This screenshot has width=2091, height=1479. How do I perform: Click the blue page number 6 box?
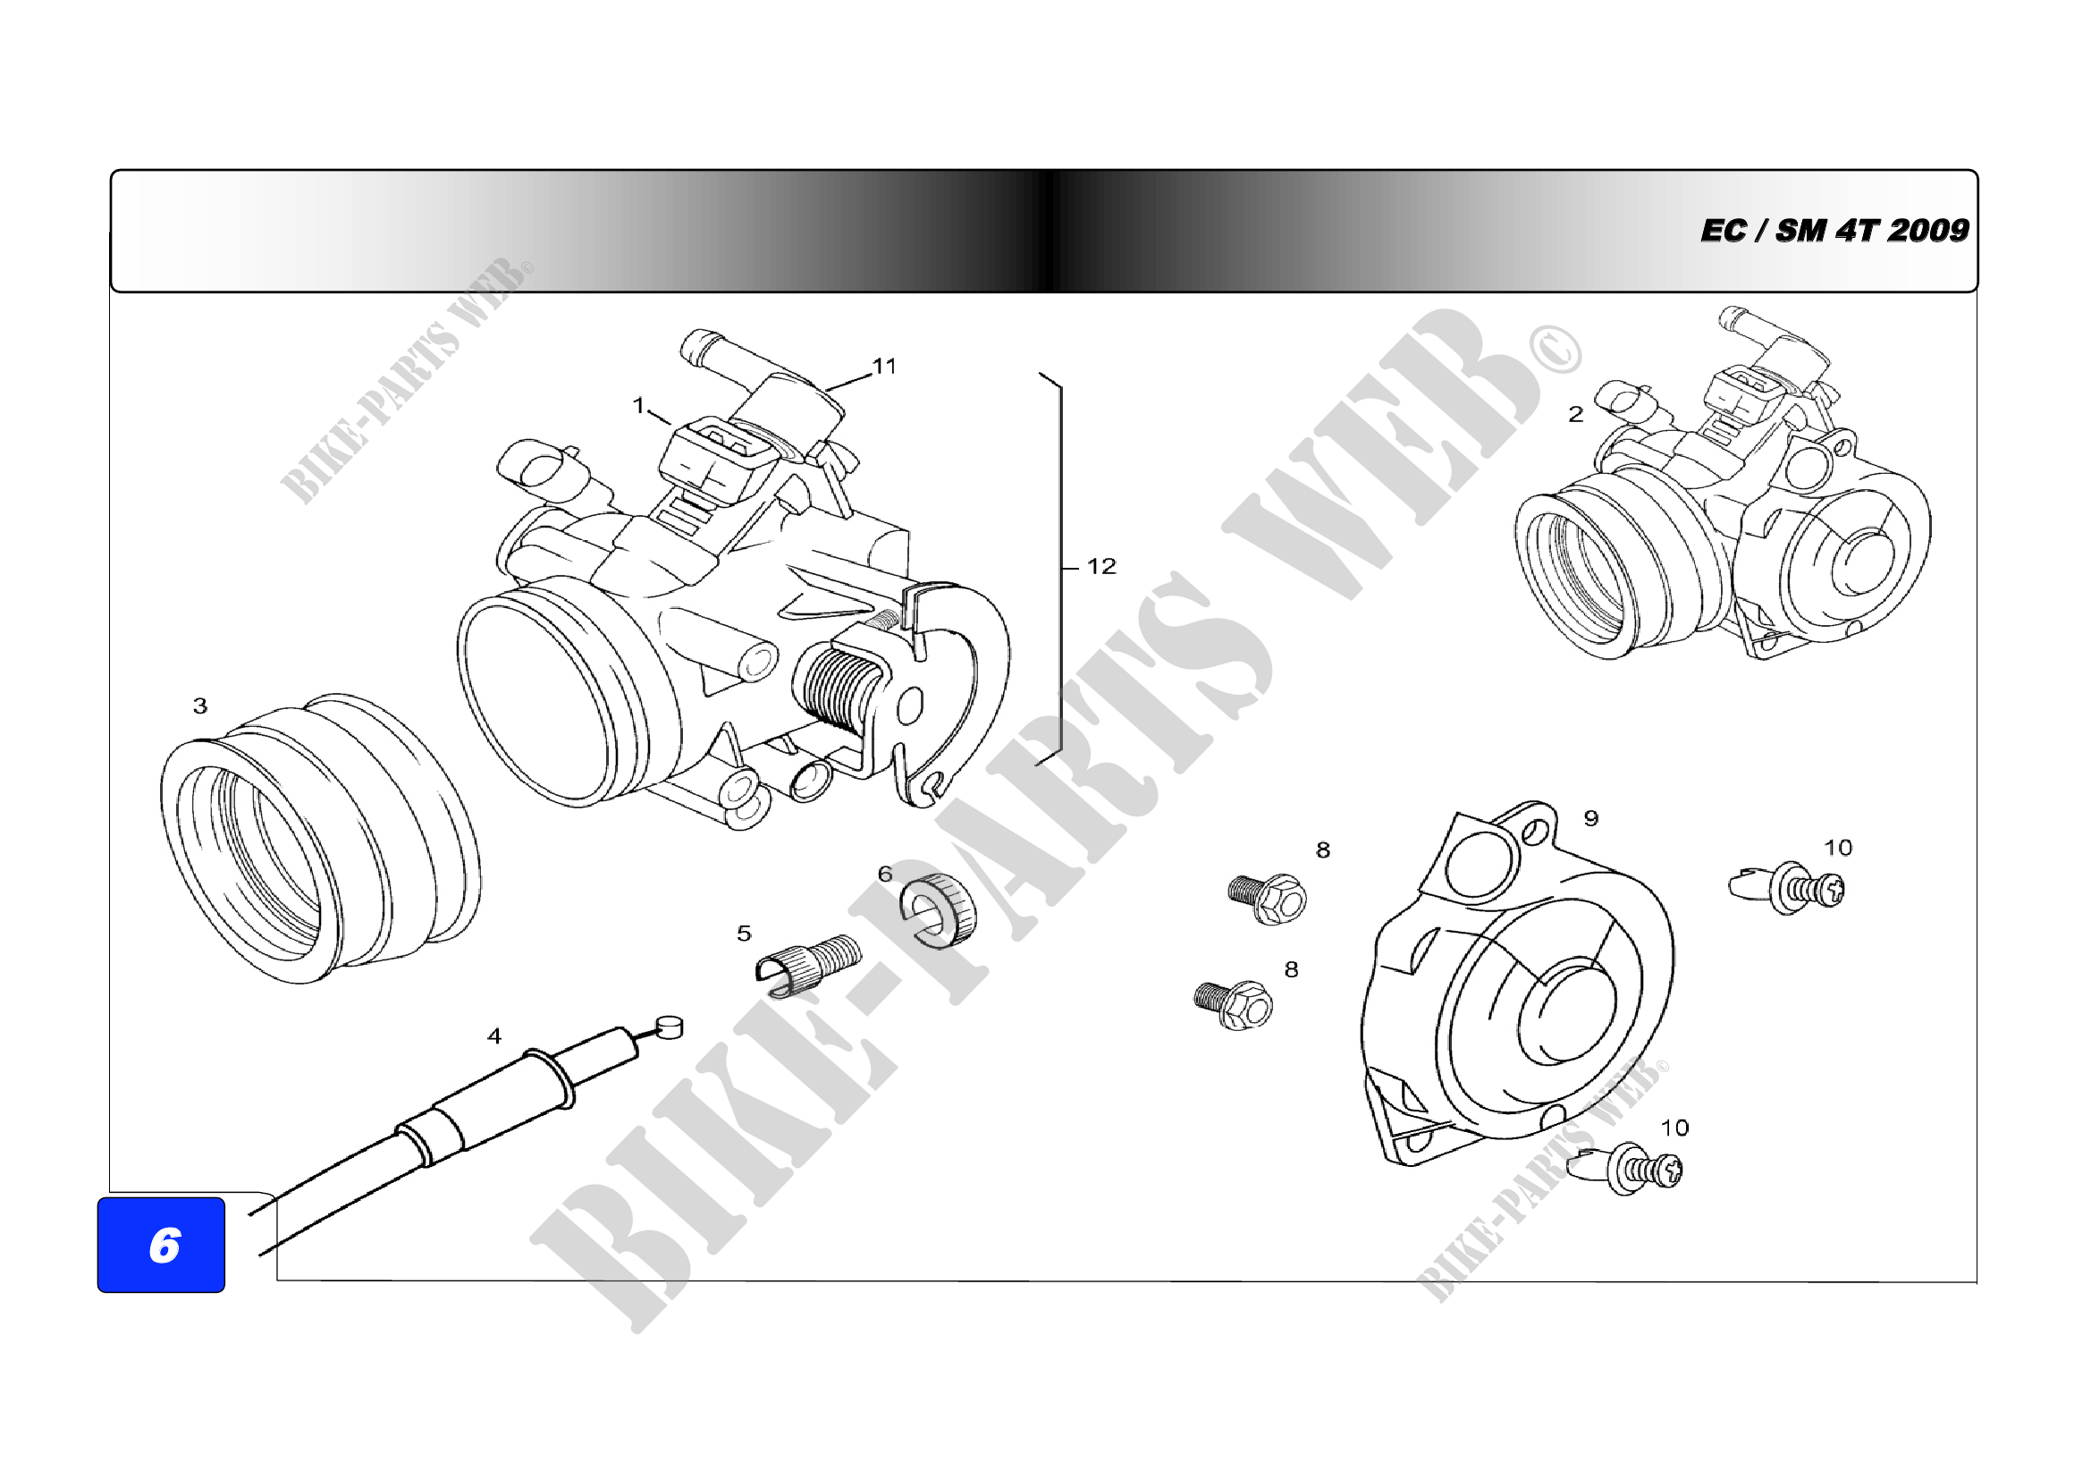(161, 1244)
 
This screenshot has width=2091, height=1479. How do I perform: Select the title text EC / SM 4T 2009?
(1834, 231)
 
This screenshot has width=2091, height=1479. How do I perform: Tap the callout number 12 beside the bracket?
(1101, 566)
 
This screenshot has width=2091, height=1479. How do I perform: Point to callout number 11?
(884, 366)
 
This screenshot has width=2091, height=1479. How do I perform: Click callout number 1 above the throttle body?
(638, 404)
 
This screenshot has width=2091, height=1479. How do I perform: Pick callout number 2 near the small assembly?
(1575, 414)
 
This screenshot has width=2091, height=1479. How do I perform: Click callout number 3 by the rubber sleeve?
(200, 706)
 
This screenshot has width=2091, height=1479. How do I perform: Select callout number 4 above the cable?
(494, 1035)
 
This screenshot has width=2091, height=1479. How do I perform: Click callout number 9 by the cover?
(1590, 818)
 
